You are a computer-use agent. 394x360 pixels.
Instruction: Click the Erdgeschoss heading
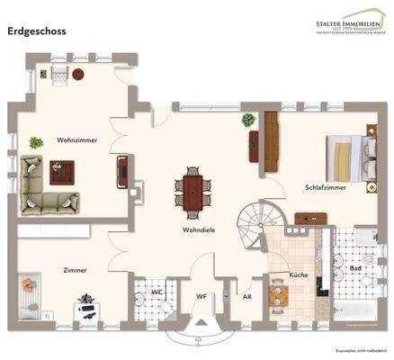(36, 30)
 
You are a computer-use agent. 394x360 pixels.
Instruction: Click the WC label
(156, 292)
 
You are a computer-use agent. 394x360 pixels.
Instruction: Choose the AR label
(245, 293)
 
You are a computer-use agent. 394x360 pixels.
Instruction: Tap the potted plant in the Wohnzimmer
(36, 142)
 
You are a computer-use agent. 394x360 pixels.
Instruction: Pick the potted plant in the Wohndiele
(248, 120)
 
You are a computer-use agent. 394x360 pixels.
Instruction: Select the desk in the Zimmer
(89, 309)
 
